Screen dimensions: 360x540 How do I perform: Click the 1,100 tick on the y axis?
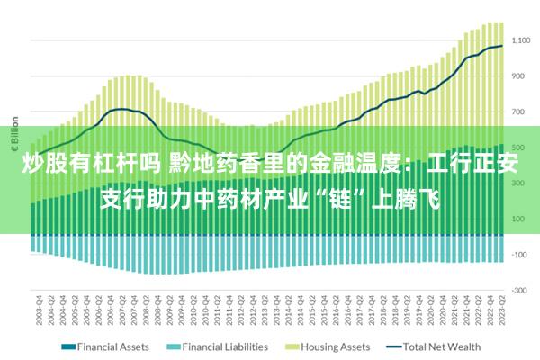click(520, 40)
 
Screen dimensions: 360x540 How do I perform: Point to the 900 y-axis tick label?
click(520, 76)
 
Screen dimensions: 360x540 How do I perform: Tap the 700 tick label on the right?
click(520, 112)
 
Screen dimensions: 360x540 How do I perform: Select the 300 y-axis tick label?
click(520, 183)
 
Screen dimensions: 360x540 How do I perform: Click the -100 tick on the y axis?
click(520, 255)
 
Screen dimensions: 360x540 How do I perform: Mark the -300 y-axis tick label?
click(520, 291)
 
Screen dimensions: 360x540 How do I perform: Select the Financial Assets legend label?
click(114, 346)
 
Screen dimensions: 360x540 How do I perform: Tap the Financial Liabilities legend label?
click(225, 346)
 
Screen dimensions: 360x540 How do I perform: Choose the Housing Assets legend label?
click(336, 346)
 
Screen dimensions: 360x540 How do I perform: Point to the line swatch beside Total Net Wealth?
click(393, 346)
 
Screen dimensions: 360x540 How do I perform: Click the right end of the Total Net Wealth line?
click(502, 46)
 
